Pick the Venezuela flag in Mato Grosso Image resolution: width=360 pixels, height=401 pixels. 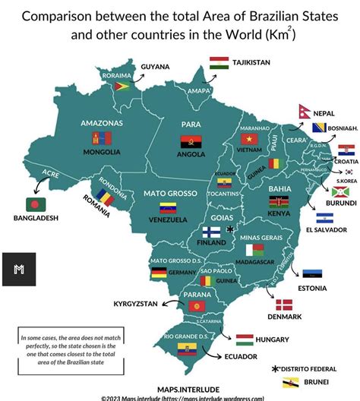pyautogui.click(x=169, y=207)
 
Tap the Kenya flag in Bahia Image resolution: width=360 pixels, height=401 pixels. pyautogui.click(x=278, y=201)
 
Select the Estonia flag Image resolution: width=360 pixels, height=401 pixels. pyautogui.click(x=311, y=273)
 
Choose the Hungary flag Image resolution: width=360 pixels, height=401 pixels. pyautogui.click(x=245, y=339)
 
